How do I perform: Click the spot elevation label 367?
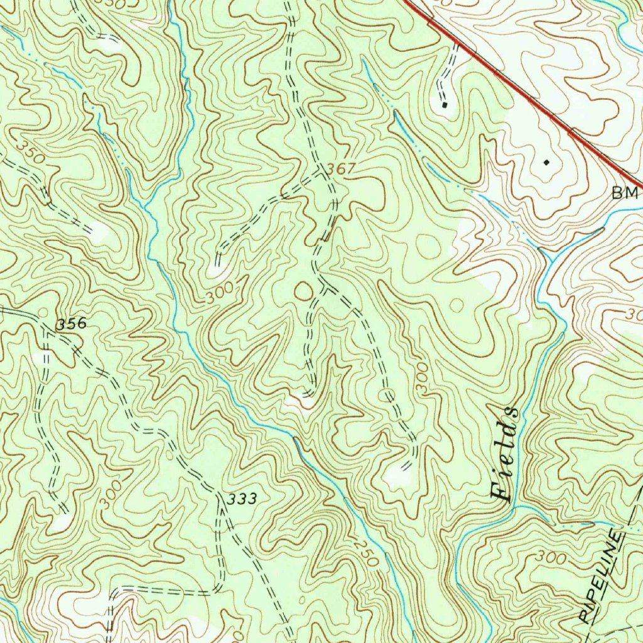click(342, 168)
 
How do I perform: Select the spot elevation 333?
click(242, 499)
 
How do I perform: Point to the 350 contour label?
click(30, 153)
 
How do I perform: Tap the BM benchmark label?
click(625, 193)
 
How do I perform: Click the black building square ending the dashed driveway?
click(444, 105)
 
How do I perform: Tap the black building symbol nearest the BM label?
click(546, 162)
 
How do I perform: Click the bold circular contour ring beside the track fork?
click(303, 291)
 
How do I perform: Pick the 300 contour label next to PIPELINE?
click(551, 558)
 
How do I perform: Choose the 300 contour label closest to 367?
click(220, 293)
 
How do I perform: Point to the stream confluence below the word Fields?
click(515, 506)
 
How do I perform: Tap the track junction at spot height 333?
click(219, 502)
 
